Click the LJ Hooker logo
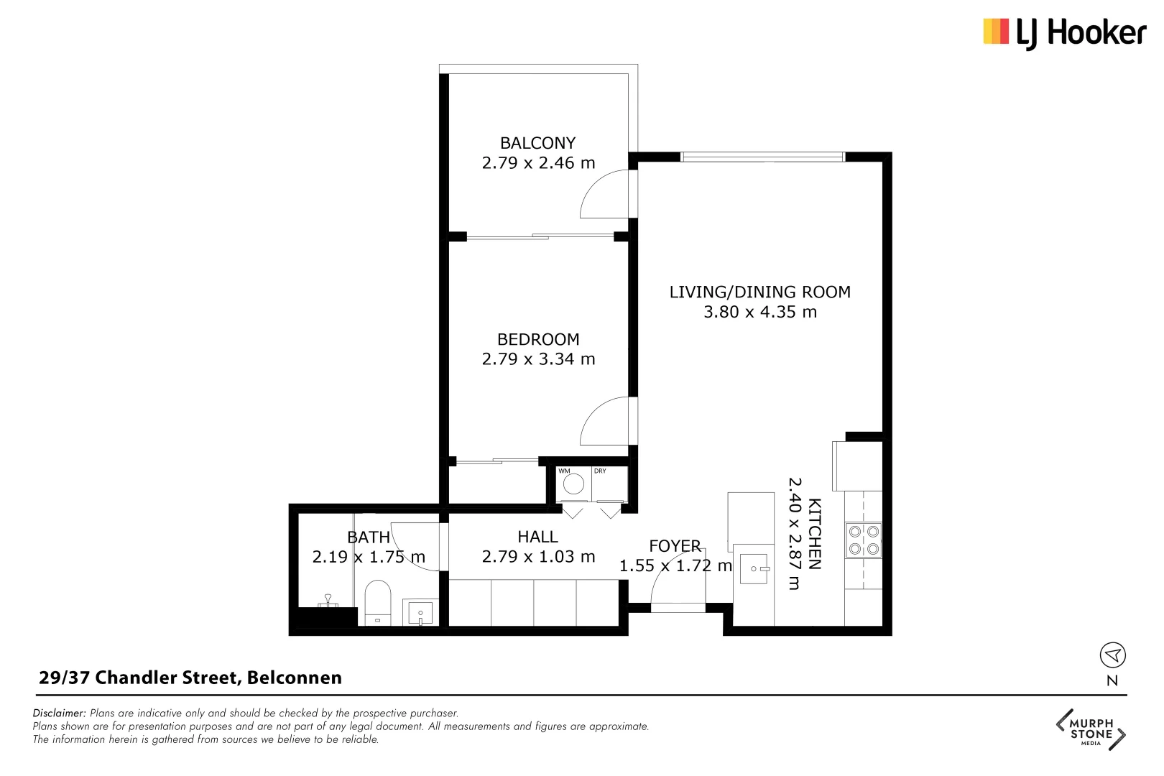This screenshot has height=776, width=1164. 1064,33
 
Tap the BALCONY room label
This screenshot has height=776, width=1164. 537,143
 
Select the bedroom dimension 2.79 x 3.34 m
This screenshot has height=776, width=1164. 538,359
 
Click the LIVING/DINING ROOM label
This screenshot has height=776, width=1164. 759,292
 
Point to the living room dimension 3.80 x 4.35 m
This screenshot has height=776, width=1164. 759,312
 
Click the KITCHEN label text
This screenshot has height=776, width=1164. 815,533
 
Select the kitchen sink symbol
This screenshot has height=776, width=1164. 754,568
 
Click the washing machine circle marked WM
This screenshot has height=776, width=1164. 573,484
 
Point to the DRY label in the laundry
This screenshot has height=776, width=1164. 600,471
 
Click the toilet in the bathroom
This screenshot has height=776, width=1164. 377,602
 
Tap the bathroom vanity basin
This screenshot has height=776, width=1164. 420,613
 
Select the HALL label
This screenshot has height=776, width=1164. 537,537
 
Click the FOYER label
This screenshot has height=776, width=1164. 675,546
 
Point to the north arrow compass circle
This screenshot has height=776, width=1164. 1112,655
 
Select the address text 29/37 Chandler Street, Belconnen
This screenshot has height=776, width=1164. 190,678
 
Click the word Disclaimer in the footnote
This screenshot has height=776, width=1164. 59,713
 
